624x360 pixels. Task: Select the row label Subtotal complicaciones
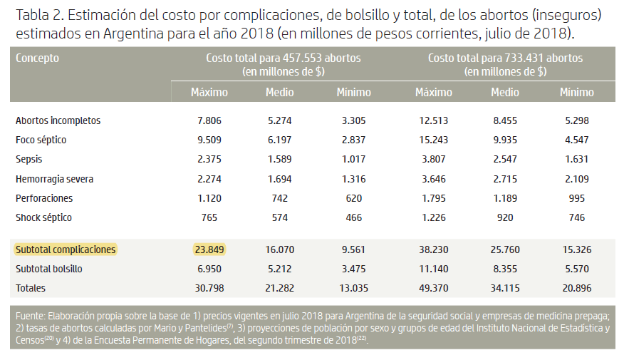coord(66,250)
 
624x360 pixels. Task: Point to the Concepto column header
coord(38,58)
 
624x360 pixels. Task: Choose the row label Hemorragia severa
coord(54,179)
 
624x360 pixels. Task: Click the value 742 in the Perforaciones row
coord(279,198)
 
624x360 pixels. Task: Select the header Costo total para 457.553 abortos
coord(283,58)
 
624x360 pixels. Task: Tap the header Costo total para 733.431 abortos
coord(505,58)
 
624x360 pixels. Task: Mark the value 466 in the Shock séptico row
coord(354,217)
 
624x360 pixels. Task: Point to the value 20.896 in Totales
coord(576,288)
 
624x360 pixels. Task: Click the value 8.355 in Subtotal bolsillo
coord(505,269)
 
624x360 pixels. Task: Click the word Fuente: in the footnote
coord(30,316)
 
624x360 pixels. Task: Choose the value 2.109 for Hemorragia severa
coord(576,179)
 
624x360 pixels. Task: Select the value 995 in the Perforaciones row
coord(576,198)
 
